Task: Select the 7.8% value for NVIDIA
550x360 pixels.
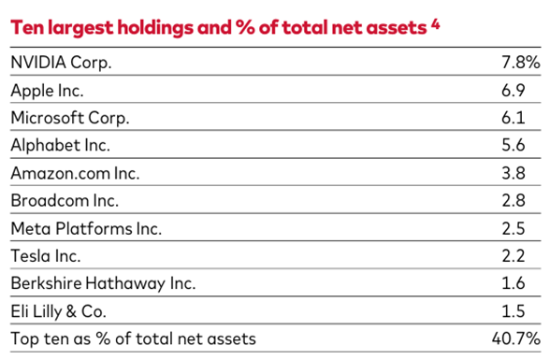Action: (521, 64)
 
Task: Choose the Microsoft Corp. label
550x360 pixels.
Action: (69, 119)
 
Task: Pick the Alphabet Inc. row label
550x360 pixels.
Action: (60, 146)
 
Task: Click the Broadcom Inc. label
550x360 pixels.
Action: (63, 200)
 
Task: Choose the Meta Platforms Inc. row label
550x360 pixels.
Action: (86, 228)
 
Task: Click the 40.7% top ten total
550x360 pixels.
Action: (517, 338)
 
